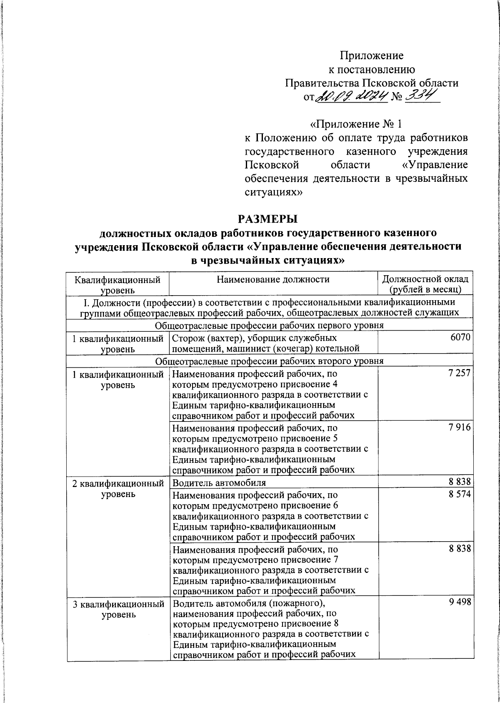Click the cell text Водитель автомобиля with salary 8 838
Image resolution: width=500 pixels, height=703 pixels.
pos(219,483)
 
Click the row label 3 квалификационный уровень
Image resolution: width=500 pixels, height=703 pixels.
pos(118,609)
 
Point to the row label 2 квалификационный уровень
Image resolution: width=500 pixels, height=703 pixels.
pos(118,489)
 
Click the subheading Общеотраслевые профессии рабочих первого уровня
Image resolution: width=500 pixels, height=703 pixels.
pos(269,325)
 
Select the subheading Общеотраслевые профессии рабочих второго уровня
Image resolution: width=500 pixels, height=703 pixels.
pos(269,361)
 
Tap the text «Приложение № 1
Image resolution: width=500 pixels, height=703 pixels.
pos(357,124)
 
